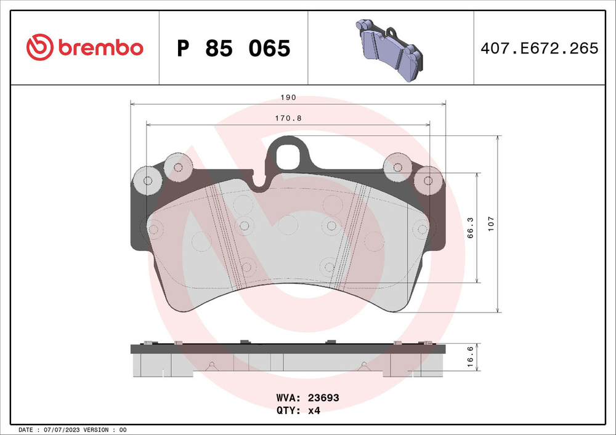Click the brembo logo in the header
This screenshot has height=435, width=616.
[85, 47]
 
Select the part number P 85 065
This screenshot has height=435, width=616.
[233, 48]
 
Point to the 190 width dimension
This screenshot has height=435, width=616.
[289, 97]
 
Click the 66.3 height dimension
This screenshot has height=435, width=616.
[469, 228]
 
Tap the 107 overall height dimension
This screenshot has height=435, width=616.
[491, 223]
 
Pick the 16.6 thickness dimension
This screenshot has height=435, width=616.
[469, 357]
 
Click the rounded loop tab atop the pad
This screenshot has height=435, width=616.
[290, 154]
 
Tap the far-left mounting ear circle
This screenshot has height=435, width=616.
[147, 181]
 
